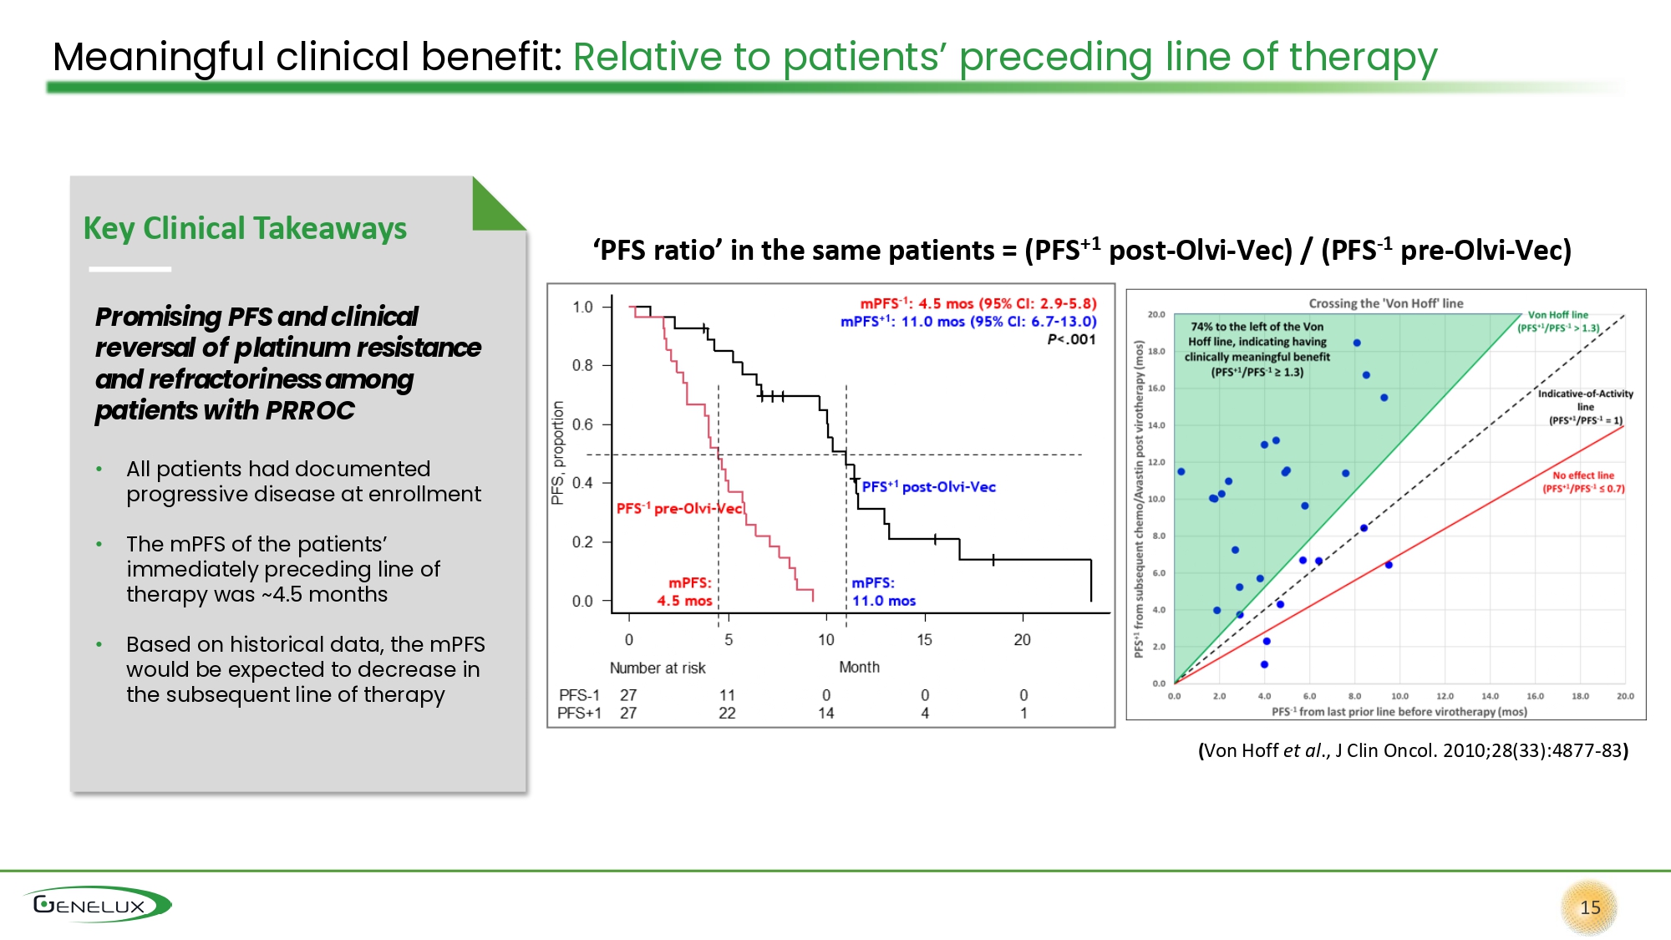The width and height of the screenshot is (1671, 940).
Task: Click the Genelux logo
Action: point(97,905)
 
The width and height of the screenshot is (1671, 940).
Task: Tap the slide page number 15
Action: point(1589,907)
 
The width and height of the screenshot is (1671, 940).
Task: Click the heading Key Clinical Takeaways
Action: point(245,228)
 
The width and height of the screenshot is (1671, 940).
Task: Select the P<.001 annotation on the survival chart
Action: point(1071,339)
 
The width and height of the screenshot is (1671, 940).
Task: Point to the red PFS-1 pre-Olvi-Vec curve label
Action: point(678,508)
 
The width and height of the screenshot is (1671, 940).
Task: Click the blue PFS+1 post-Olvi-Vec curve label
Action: point(928,486)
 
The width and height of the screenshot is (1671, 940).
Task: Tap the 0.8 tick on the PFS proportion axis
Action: point(582,366)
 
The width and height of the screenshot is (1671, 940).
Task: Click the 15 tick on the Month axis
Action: point(924,640)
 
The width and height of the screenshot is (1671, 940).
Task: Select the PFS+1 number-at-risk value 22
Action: point(727,713)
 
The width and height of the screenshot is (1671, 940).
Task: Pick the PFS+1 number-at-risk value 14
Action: point(825,713)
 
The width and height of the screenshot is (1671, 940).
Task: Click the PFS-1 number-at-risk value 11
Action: point(727,695)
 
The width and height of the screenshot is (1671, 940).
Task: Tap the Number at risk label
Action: point(658,668)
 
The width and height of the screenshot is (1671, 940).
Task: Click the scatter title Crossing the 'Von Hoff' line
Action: point(1385,303)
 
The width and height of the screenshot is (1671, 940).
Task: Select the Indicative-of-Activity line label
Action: point(1585,406)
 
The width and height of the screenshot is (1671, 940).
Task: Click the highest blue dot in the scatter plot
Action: point(1357,343)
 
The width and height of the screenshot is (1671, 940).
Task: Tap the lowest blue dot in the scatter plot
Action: point(1264,664)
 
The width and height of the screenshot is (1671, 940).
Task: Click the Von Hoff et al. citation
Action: point(1413,750)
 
